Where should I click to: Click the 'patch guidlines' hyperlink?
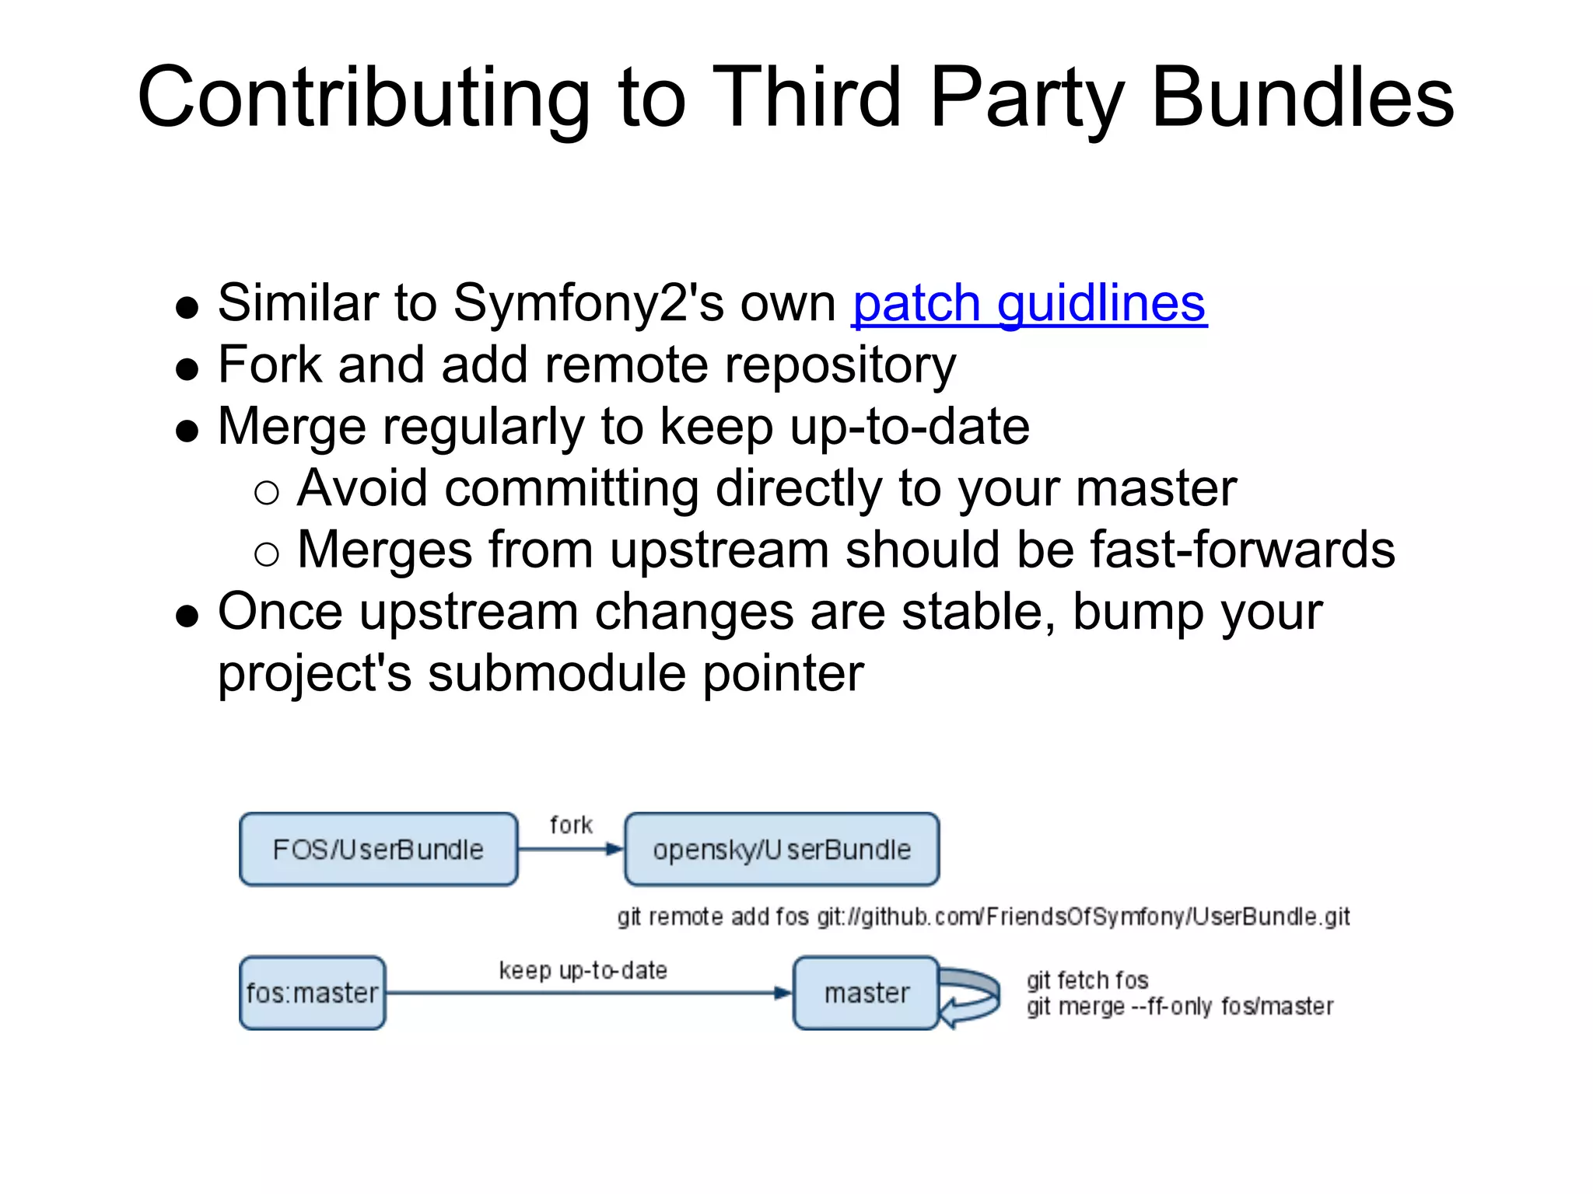tap(1029, 303)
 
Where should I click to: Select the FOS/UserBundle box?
tap(378, 849)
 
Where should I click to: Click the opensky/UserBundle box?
tap(782, 849)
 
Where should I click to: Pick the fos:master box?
tap(312, 993)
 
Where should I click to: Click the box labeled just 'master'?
tap(866, 993)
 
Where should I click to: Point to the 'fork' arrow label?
tap(571, 824)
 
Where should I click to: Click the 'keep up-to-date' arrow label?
tap(583, 970)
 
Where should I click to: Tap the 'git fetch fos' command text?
tap(1087, 980)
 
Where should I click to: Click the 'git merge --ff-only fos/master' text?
tap(1179, 1007)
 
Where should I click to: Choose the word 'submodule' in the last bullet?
tap(557, 673)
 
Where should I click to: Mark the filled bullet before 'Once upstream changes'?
tap(187, 616)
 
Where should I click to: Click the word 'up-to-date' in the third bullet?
tap(909, 427)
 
